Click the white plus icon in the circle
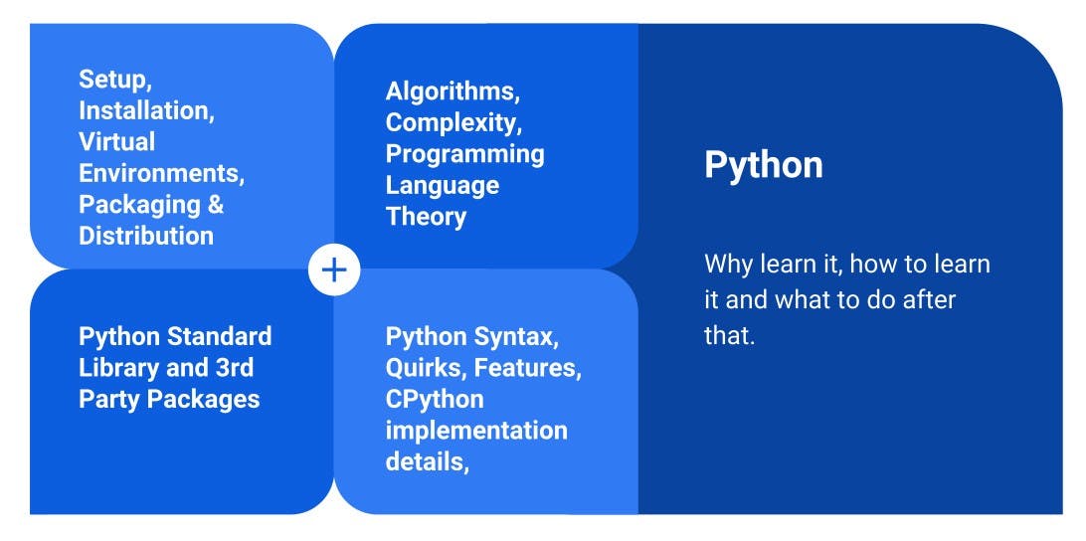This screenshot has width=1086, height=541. tap(334, 270)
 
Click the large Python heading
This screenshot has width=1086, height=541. tap(764, 165)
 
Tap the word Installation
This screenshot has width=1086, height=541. tap(145, 110)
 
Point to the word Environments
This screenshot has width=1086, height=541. tap(161, 173)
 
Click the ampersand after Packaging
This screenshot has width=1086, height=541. tap(216, 204)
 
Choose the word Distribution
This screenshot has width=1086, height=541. tap(146, 236)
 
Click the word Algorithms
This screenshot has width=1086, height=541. tap(452, 92)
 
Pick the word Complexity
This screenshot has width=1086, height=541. tap(453, 123)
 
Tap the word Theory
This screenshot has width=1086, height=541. tap(426, 217)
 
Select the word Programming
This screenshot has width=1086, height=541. tap(465, 155)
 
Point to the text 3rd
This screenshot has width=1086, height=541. tap(235, 368)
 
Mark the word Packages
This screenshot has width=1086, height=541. tap(210, 400)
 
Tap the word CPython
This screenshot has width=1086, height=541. tap(435, 400)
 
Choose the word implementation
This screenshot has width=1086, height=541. tap(476, 431)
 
